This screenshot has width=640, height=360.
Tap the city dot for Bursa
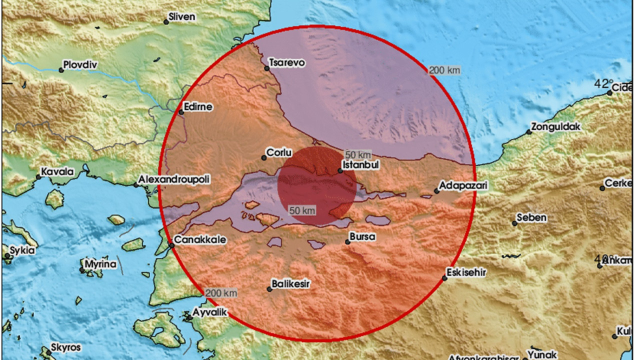coord(348,242)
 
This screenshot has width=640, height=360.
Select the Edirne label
coord(198,107)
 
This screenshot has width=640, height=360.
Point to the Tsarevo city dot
coord(267,68)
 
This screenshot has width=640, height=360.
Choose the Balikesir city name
coord(291,284)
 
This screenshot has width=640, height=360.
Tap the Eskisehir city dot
coord(444,278)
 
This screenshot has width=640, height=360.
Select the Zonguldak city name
coord(556,127)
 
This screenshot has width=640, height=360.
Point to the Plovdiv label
coord(80,64)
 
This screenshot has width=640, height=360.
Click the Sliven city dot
coord(166,22)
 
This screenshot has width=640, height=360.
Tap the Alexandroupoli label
coord(174,179)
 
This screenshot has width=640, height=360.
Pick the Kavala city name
coord(57,172)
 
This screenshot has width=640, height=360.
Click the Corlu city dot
coord(264,158)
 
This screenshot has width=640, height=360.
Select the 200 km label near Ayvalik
coord(220,292)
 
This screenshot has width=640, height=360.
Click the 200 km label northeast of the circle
coord(444,70)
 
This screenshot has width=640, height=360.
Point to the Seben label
coord(531,217)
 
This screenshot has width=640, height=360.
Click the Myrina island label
coord(100,264)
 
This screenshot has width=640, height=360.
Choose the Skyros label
coord(65,347)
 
